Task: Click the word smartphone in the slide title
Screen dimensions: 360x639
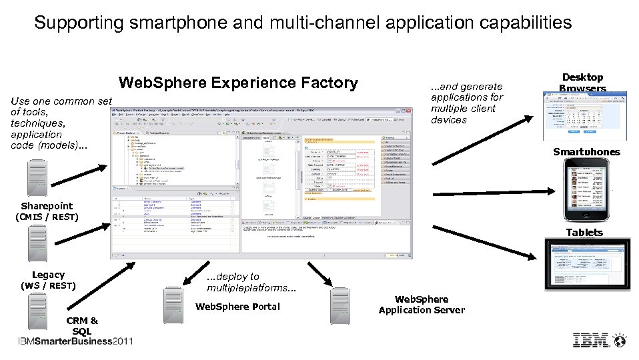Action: [x=171, y=23]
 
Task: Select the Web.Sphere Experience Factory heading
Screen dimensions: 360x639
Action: [x=237, y=83]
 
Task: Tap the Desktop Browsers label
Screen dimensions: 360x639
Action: [x=582, y=83]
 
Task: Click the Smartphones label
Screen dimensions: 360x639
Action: [x=586, y=151]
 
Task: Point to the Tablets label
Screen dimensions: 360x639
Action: [x=584, y=232]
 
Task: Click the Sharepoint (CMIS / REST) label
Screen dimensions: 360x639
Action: [x=47, y=211]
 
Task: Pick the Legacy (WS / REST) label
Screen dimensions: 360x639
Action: [x=48, y=280]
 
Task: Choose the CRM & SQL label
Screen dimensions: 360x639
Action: [x=82, y=326]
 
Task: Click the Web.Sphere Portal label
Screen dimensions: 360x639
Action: [x=237, y=307]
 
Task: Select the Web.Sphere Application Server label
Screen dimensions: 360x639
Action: [x=422, y=305]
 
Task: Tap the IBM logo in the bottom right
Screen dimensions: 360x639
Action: [x=600, y=340]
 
